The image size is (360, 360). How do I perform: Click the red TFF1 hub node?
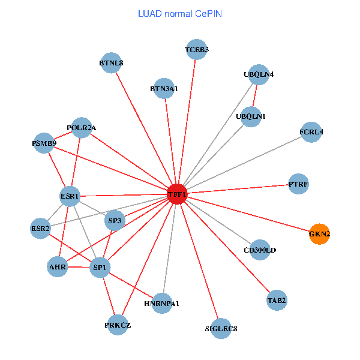[177, 194]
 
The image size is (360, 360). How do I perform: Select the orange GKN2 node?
[319, 233]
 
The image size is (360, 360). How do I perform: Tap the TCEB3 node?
[197, 49]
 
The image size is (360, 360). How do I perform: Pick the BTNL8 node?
[111, 62]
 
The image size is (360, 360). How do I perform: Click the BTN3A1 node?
[164, 88]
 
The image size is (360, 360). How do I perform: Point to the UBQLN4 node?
[259, 74]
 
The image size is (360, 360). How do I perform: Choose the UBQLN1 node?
[251, 116]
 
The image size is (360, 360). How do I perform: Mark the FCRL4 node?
[311, 132]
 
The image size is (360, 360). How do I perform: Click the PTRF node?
[298, 185]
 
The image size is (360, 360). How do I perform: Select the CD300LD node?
[260, 250]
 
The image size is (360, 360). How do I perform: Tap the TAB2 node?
[277, 300]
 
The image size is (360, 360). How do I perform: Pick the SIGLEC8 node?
[221, 328]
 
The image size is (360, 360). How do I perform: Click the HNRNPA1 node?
[161, 303]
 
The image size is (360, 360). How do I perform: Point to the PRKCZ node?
[118, 325]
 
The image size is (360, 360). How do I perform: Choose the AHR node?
[58, 266]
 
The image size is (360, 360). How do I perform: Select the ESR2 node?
[40, 229]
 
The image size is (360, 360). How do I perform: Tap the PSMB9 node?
[44, 143]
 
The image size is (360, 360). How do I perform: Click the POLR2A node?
[82, 127]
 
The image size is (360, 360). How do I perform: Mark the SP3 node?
[115, 221]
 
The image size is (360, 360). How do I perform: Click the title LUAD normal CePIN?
[180, 13]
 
